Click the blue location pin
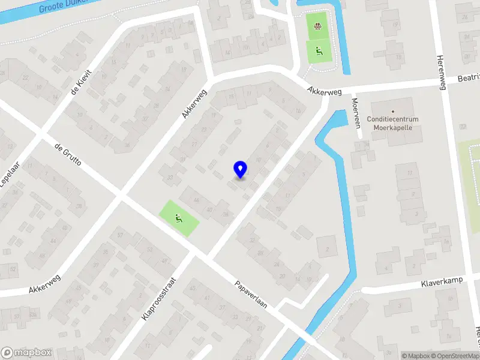click(240, 170)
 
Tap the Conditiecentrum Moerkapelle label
click(395, 123)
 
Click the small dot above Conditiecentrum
click(393, 112)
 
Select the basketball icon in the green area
click(317, 25)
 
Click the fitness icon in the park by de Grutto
click(178, 218)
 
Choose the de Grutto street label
click(67, 155)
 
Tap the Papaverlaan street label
click(251, 294)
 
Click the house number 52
click(13, 268)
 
